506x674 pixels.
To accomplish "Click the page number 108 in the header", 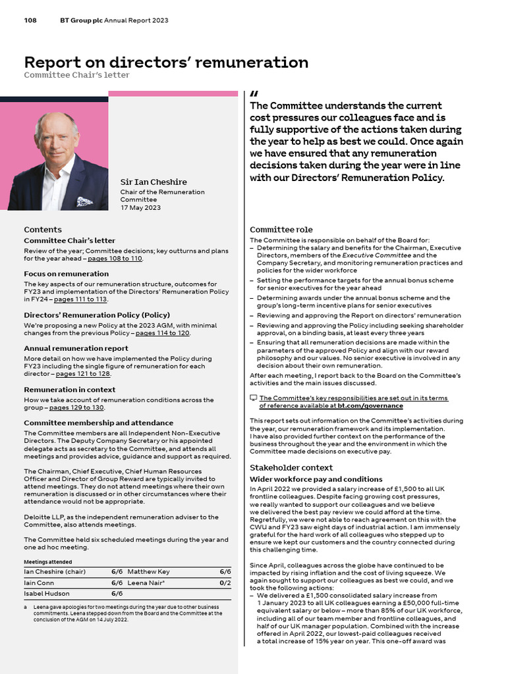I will (x=30, y=20).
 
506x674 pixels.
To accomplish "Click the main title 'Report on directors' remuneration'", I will (x=166, y=63).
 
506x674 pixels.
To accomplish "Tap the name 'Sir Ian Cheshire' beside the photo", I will (x=153, y=182).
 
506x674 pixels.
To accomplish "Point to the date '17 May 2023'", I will (x=140, y=207).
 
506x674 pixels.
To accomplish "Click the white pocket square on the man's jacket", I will (x=84, y=201).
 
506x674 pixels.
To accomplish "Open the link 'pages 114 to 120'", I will (x=162, y=333).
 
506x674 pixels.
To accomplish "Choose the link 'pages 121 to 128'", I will (x=83, y=373).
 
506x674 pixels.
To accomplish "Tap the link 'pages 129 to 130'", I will (x=76, y=407).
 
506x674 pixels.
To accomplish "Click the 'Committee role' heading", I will (x=281, y=230).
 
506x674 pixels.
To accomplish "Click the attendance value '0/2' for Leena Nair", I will (x=225, y=583).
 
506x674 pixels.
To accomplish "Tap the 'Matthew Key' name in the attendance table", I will (x=148, y=572).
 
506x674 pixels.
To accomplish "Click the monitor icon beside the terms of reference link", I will (x=254, y=398).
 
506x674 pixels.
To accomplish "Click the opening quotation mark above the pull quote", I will (x=254, y=94).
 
